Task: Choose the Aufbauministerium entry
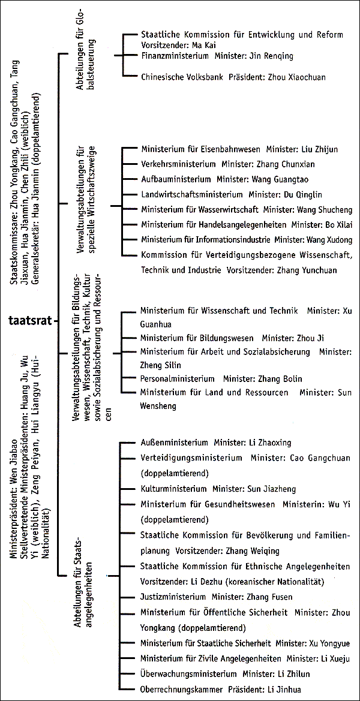pyautogui.click(x=175, y=179)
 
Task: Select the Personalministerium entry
pyautogui.click(x=177, y=379)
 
